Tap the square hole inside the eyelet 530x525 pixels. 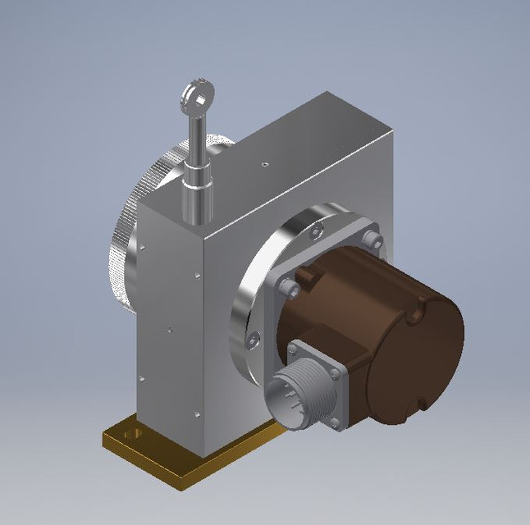click(x=194, y=98)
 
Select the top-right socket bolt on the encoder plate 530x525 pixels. click(x=374, y=240)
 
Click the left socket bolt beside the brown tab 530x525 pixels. click(x=287, y=287)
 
